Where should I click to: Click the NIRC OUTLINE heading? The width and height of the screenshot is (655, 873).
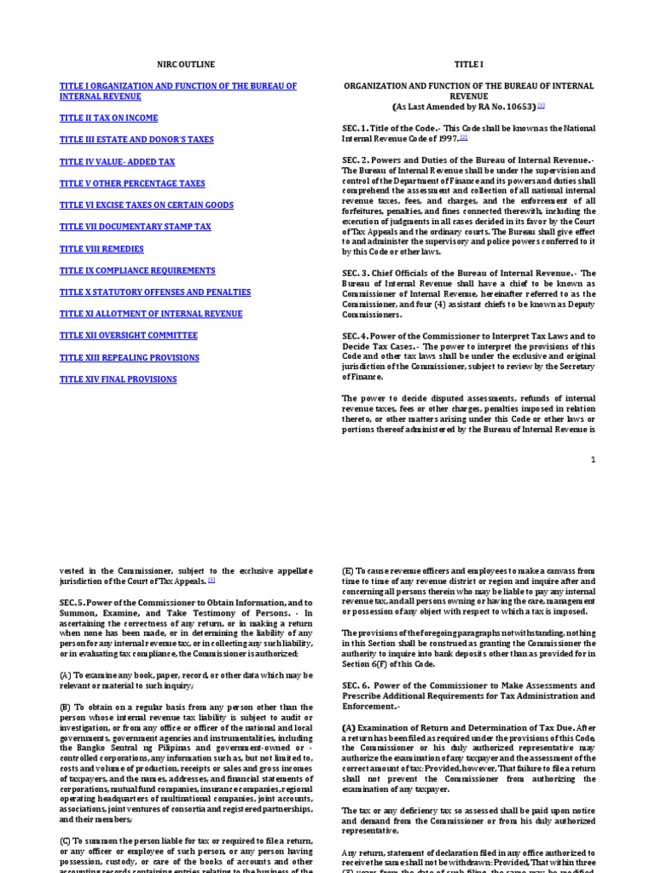186,64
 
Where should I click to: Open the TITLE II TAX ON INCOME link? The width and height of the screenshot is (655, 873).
108,118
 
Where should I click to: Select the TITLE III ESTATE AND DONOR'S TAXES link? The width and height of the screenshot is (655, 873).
136,139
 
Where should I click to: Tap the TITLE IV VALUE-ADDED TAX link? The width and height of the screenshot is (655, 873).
117,161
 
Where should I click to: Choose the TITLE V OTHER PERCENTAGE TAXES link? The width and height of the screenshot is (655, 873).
132,183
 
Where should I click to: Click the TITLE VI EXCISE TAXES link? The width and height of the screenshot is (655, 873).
146,205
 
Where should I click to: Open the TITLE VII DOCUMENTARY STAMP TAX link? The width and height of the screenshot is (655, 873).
135,227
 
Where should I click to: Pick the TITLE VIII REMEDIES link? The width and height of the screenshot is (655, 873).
101,249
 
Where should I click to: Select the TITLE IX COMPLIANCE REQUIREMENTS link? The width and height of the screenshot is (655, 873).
137,270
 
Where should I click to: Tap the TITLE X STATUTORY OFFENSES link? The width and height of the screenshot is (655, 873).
155,292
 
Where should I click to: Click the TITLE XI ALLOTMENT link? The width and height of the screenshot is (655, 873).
151,314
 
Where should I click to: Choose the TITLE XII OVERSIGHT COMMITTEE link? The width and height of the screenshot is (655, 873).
128,336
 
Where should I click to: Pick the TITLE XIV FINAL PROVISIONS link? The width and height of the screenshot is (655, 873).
118,379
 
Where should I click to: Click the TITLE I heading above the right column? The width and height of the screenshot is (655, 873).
467,64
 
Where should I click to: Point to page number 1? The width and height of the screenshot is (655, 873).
593,460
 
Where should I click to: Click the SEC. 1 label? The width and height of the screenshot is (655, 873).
357,128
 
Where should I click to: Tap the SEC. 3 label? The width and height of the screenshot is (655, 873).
357,273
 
